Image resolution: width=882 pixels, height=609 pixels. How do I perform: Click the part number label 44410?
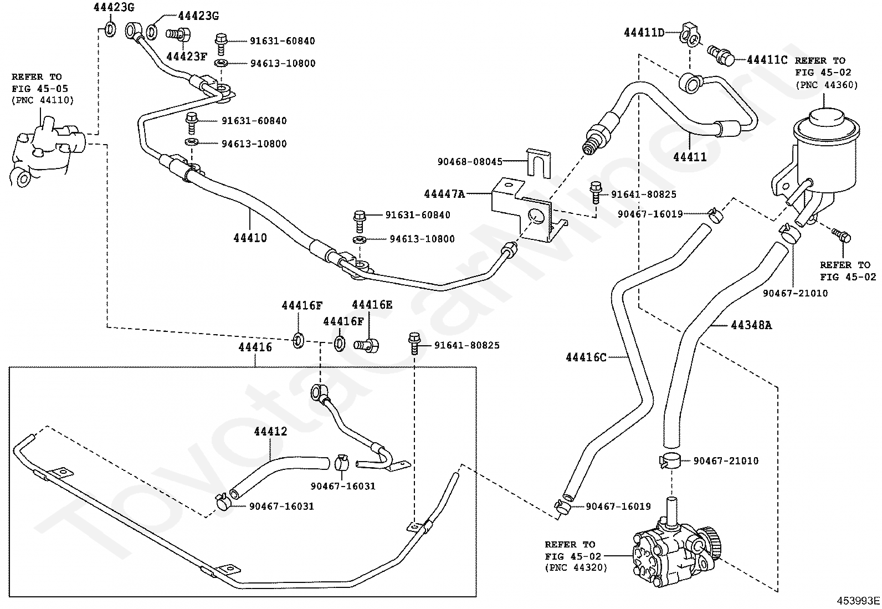tap(250, 238)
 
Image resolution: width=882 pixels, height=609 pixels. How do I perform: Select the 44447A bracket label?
tap(444, 194)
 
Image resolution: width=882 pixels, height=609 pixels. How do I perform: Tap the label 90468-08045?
tap(470, 162)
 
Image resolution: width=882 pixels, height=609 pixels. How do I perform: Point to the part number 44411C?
tap(767, 59)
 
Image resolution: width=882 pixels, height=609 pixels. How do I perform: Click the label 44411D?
tap(644, 32)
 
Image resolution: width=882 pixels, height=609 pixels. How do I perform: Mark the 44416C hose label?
tap(586, 357)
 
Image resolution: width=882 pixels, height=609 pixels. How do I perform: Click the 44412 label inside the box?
tap(270, 431)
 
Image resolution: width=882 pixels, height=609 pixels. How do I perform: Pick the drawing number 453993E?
tap(858, 601)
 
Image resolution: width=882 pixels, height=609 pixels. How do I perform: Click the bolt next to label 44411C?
tap(720, 54)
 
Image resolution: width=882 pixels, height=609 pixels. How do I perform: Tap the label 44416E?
tap(372, 304)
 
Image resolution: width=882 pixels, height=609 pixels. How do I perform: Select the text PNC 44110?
tap(43, 100)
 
